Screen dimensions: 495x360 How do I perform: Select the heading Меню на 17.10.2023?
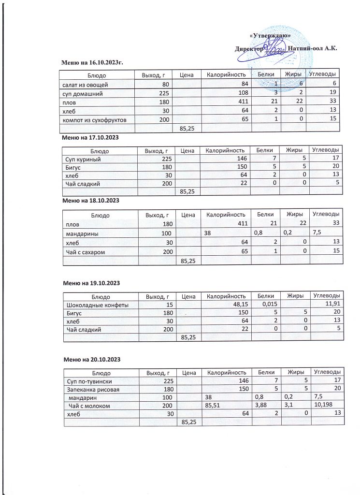tap(91, 138)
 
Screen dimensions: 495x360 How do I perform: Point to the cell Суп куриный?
tap(83, 159)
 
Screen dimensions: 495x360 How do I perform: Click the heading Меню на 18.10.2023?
tap(91, 200)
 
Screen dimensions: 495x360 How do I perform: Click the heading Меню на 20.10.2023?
tap(92, 360)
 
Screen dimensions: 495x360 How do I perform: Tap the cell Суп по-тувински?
tap(86, 381)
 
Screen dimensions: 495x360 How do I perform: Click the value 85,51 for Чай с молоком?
tap(213, 405)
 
